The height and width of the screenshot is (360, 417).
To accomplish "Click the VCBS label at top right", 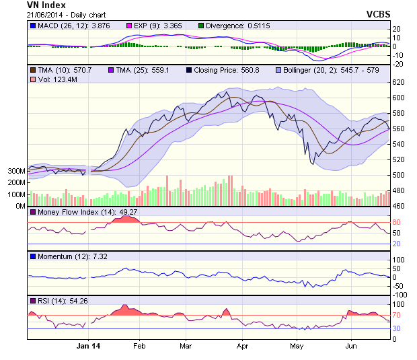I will (x=379, y=13).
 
